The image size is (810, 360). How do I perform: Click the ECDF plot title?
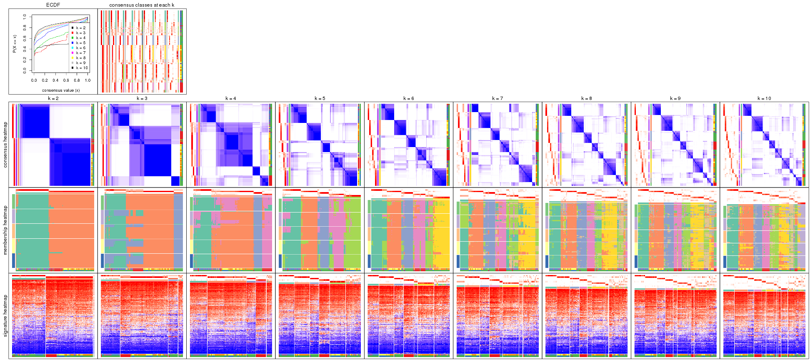tap(53, 5)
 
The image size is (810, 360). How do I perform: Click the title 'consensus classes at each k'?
tap(142, 5)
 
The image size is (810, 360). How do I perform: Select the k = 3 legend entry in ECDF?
tap(80, 33)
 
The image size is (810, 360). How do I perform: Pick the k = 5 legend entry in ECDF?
tap(80, 43)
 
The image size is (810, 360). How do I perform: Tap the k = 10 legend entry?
tap(81, 68)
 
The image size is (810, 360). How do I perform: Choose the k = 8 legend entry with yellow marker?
tap(80, 58)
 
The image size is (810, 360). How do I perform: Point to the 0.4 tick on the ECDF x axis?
tap(55, 80)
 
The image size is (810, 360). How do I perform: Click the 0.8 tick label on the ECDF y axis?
tap(25, 27)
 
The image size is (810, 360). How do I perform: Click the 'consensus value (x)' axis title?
tap(61, 90)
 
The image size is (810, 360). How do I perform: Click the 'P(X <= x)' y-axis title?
tap(14, 44)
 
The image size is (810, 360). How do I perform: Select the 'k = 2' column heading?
tap(53, 99)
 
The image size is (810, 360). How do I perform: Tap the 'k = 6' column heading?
tap(408, 99)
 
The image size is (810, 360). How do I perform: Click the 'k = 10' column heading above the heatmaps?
tap(764, 99)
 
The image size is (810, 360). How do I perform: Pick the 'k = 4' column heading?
tap(231, 99)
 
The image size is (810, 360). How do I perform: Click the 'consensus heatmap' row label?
tap(5, 145)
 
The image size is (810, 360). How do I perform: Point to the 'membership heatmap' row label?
tap(5, 230)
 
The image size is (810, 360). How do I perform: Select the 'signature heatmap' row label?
tap(5, 315)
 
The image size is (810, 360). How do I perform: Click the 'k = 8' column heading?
tap(586, 99)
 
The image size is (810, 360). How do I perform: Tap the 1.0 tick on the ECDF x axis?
tap(87, 80)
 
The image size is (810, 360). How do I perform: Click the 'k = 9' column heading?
tap(675, 99)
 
